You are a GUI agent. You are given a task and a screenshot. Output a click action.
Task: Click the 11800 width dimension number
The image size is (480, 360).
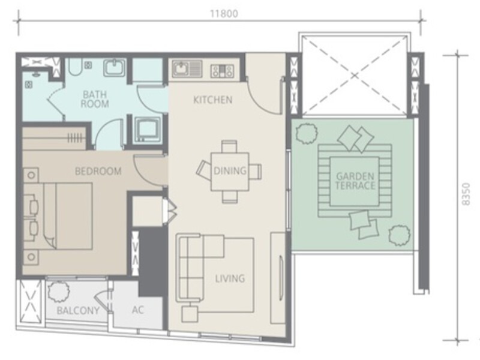pos(223,14)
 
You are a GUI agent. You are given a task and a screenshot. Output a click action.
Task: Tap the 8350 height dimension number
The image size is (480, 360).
pos(466,194)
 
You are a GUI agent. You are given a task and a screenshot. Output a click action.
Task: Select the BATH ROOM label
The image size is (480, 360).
pos(95,99)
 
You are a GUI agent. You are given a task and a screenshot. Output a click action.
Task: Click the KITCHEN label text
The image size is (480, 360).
pos(213,100)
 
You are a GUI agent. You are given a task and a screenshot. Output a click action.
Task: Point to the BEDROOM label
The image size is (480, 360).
pos(98,171)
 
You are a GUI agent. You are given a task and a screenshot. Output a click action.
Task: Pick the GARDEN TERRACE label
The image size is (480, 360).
pos(355,181)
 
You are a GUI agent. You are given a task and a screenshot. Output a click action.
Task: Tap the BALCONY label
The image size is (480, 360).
pos(78,311)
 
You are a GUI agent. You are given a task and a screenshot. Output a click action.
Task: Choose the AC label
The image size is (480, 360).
pos(138,310)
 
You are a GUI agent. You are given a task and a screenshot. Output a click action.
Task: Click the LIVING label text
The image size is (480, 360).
pos(230,278)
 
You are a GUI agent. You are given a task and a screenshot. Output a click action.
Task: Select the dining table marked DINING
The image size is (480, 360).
pos(230,172)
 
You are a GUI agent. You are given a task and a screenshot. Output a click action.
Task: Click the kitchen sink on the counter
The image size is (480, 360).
pos(187,68)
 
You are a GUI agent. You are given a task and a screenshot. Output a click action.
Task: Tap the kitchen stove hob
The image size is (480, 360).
pos(222,71)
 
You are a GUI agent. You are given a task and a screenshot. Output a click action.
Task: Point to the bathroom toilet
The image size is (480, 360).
pos(74,67)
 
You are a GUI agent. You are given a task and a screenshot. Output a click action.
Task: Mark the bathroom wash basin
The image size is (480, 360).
pos(115,67)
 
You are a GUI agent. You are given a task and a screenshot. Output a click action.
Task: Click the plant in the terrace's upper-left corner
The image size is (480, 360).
pos(307,133)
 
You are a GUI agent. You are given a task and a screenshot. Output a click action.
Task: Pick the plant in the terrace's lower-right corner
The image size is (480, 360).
pos(400,235)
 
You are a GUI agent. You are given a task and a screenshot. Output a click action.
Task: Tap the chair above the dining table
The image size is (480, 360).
pos(229,146)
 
